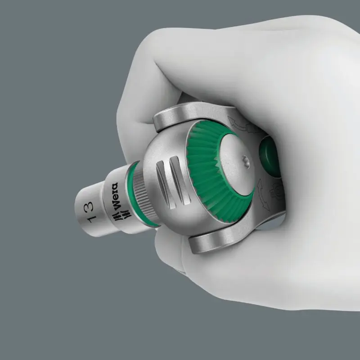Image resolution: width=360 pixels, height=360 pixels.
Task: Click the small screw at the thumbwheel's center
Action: [247, 159]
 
